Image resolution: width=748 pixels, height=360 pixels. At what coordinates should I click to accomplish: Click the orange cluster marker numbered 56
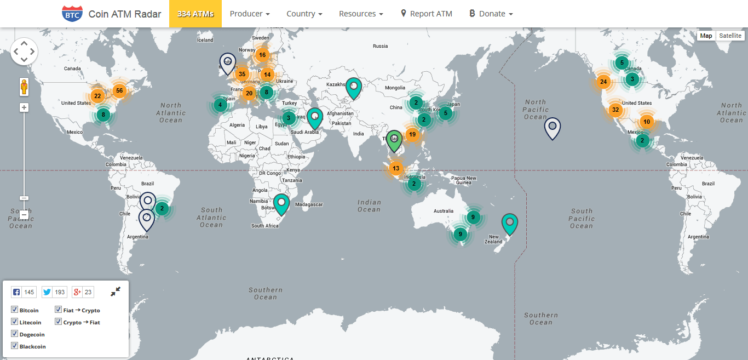[x=119, y=91]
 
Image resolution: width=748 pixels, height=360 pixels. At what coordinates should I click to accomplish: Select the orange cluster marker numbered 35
[x=242, y=74]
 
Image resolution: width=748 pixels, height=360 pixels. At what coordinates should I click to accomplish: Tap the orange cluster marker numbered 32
[x=615, y=110]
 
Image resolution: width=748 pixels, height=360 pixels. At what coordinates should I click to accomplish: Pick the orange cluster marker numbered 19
[x=412, y=134]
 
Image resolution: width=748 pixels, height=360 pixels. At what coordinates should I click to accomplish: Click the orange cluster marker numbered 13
[x=396, y=168]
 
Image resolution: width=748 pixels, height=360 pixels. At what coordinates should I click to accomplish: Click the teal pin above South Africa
[x=281, y=203]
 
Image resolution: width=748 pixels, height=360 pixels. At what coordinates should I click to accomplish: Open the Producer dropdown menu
[x=250, y=14]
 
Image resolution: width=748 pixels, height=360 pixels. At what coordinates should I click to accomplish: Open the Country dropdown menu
[x=304, y=14]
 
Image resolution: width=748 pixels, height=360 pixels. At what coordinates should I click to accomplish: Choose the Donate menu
[x=491, y=14]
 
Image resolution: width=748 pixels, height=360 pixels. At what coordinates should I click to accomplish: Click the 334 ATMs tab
[x=195, y=14]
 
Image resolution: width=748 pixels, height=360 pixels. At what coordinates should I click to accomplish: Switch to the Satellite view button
[x=730, y=36]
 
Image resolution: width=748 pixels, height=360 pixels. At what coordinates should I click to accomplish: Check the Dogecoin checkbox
[x=14, y=334]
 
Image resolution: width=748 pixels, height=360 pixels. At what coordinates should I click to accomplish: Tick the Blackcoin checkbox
[x=14, y=346]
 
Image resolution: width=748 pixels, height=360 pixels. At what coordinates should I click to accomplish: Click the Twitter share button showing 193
[x=54, y=292]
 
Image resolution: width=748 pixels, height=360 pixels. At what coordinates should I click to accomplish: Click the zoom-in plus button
[x=24, y=107]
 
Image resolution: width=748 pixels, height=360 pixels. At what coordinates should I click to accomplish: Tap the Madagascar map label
[x=308, y=204]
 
